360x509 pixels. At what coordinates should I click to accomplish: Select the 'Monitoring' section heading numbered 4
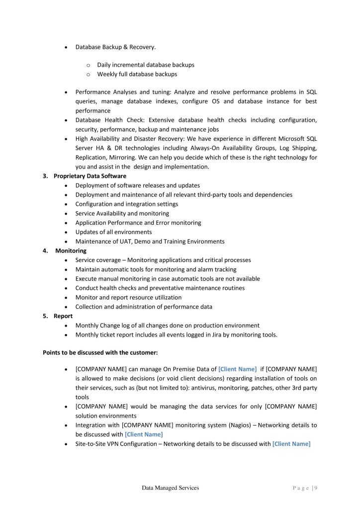point(71,251)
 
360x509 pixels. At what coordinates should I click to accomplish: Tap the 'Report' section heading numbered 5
point(63,316)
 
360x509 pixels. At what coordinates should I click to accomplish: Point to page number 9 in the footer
point(316,488)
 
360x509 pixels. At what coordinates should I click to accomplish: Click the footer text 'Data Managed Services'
point(170,488)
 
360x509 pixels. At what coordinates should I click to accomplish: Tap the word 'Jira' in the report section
point(206,335)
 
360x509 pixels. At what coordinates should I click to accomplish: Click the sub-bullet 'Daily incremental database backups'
point(146,65)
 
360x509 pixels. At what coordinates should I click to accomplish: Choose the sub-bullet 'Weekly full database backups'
point(137,74)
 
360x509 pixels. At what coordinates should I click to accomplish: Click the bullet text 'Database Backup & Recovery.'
point(115,47)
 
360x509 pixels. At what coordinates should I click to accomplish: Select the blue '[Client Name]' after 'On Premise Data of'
point(237,369)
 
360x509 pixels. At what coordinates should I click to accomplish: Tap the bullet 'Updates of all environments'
point(113,232)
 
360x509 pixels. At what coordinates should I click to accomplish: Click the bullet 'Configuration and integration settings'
point(126,204)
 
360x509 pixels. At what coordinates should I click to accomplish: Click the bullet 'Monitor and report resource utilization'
point(128,297)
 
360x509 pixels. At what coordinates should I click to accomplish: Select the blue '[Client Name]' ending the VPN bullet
point(291,443)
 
